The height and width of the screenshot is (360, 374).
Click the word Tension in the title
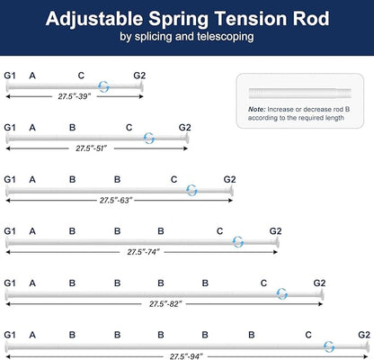[x=251, y=19]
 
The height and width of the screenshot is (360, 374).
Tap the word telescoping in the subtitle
[x=226, y=37]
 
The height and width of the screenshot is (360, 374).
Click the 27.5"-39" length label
[x=75, y=96]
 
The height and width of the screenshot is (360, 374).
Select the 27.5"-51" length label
[x=91, y=148]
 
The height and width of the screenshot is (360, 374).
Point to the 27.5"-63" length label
[x=116, y=201]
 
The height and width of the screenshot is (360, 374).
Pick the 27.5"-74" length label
[x=143, y=252]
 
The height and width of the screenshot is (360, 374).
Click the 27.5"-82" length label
[x=165, y=304]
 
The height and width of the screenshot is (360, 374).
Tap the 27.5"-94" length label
[x=186, y=356]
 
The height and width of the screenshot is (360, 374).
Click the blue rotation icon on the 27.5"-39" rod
[x=104, y=86]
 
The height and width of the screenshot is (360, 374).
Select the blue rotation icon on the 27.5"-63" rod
[x=191, y=190]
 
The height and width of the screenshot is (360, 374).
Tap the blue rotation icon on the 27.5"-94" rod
[x=329, y=346]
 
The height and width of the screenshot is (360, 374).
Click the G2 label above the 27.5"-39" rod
[x=139, y=76]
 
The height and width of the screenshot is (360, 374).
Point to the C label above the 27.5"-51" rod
[x=129, y=128]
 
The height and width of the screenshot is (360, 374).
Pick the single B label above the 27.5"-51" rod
[x=72, y=128]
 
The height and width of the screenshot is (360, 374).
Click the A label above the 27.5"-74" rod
[x=32, y=231]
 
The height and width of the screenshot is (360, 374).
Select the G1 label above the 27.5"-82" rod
[x=10, y=283]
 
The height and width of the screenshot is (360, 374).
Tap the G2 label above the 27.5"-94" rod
[x=364, y=335]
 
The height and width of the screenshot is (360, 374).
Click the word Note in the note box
[x=256, y=110]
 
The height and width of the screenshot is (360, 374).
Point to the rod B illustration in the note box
[x=299, y=93]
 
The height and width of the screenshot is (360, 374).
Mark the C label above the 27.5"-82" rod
[x=263, y=283]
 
